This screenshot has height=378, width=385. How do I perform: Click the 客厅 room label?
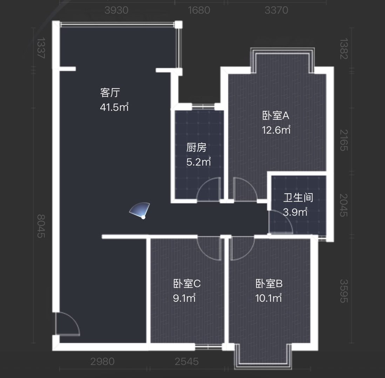click(110, 93)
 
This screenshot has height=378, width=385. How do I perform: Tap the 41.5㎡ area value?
click(114, 107)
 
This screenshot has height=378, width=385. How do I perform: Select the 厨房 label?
click(196, 148)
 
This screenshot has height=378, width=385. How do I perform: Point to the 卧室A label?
click(276, 115)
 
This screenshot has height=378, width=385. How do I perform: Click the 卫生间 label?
click(298, 198)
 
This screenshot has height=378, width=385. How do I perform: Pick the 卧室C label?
click(187, 283)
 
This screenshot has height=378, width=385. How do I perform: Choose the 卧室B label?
click(269, 283)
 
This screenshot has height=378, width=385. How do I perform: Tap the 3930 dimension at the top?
click(116, 10)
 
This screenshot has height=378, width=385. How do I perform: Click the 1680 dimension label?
click(199, 10)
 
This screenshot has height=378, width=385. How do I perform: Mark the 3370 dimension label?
click(276, 10)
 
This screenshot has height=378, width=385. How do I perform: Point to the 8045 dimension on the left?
click(41, 226)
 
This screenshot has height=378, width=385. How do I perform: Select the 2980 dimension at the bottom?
click(102, 362)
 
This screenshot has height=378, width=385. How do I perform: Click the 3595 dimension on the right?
click(344, 291)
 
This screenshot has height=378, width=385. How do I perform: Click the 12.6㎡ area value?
click(276, 130)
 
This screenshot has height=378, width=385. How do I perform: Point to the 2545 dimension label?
click(187, 362)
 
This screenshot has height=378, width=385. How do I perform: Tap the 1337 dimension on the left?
click(41, 48)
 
